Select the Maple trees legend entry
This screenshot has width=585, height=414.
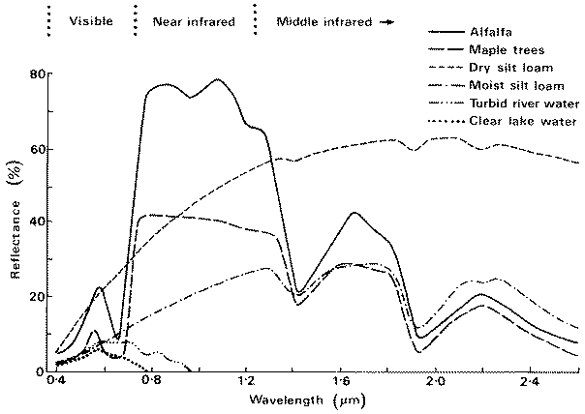[x=501, y=47]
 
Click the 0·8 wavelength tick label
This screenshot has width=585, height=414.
[x=151, y=384]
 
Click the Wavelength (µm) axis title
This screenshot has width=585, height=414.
[x=297, y=400]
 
